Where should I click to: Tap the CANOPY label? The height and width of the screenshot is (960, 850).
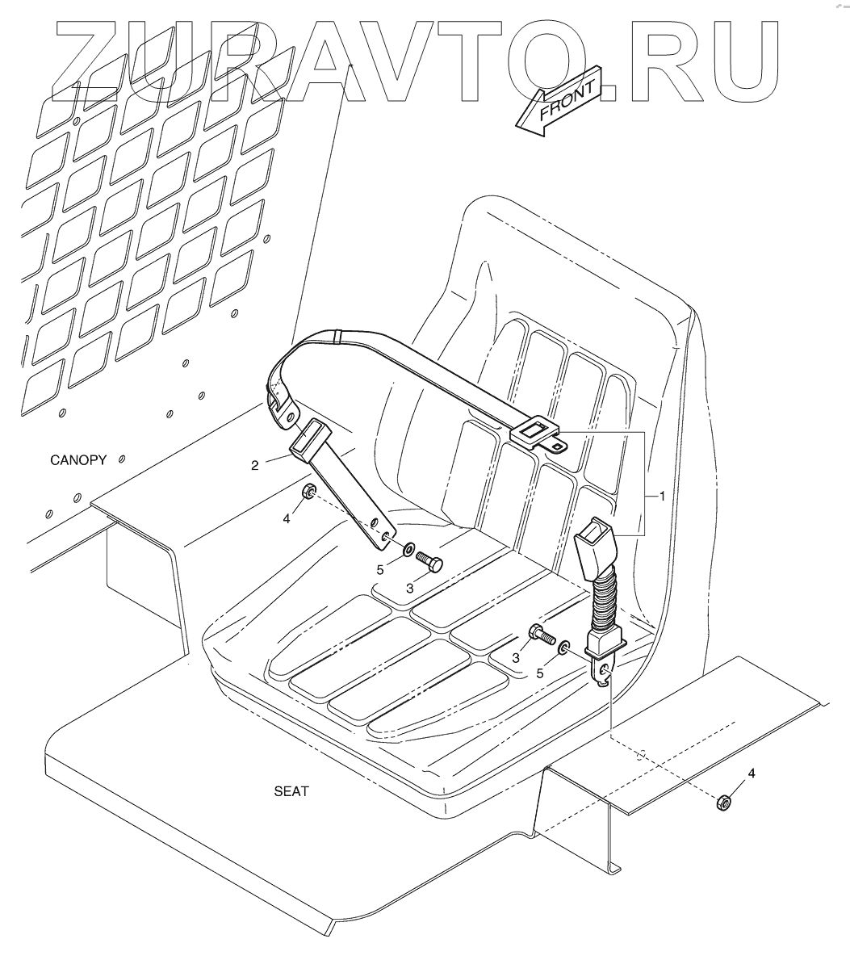(x=78, y=461)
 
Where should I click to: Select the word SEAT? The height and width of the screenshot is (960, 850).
(x=291, y=792)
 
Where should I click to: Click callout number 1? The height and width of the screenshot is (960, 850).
(x=662, y=496)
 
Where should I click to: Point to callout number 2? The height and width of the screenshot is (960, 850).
(x=254, y=465)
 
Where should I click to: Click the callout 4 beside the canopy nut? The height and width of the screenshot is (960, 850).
(x=287, y=519)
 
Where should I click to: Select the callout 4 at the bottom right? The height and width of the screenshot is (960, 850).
(x=752, y=773)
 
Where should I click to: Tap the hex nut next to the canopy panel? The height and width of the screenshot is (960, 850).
(x=308, y=492)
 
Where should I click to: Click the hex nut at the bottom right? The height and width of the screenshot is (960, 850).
(x=724, y=801)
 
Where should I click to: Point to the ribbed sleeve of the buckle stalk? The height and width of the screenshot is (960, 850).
(x=604, y=602)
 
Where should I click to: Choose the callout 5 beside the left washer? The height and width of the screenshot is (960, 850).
(x=380, y=569)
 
